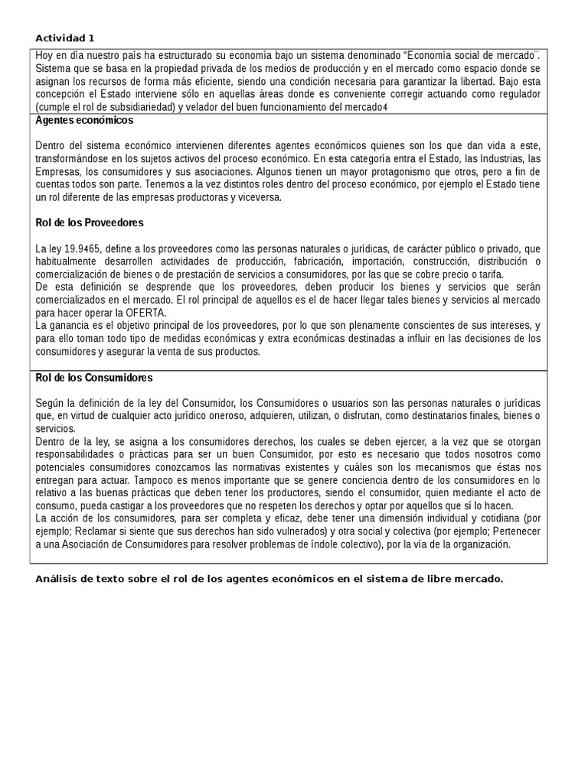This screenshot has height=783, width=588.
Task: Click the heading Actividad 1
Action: pos(65,38)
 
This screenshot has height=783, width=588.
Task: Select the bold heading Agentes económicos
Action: pos(84,120)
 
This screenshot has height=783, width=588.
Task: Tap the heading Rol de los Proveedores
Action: pos(90,223)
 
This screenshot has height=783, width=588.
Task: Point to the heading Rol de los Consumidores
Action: pos(94,377)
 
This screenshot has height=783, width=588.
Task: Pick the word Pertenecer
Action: pos(512,531)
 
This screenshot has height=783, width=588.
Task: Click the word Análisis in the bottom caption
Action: pos(58,578)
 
